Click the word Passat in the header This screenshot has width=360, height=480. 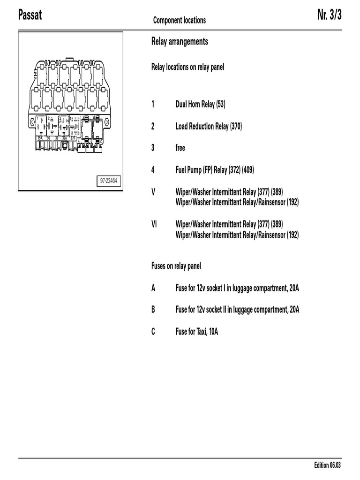(30, 15)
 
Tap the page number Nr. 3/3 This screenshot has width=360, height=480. (329, 15)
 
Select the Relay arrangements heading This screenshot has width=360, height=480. (180, 42)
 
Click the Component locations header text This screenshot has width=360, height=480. (179, 20)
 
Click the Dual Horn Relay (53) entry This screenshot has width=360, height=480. (200, 104)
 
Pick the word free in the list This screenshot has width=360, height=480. (180, 148)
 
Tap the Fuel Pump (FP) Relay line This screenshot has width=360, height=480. (215, 170)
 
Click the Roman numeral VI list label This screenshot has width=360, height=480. (154, 224)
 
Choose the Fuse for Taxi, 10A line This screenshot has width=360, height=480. (196, 332)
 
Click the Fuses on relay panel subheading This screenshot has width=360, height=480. (176, 266)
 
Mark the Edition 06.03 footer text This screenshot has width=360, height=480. (328, 465)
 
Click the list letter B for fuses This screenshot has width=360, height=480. (153, 310)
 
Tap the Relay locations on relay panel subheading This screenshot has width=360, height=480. (187, 67)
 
